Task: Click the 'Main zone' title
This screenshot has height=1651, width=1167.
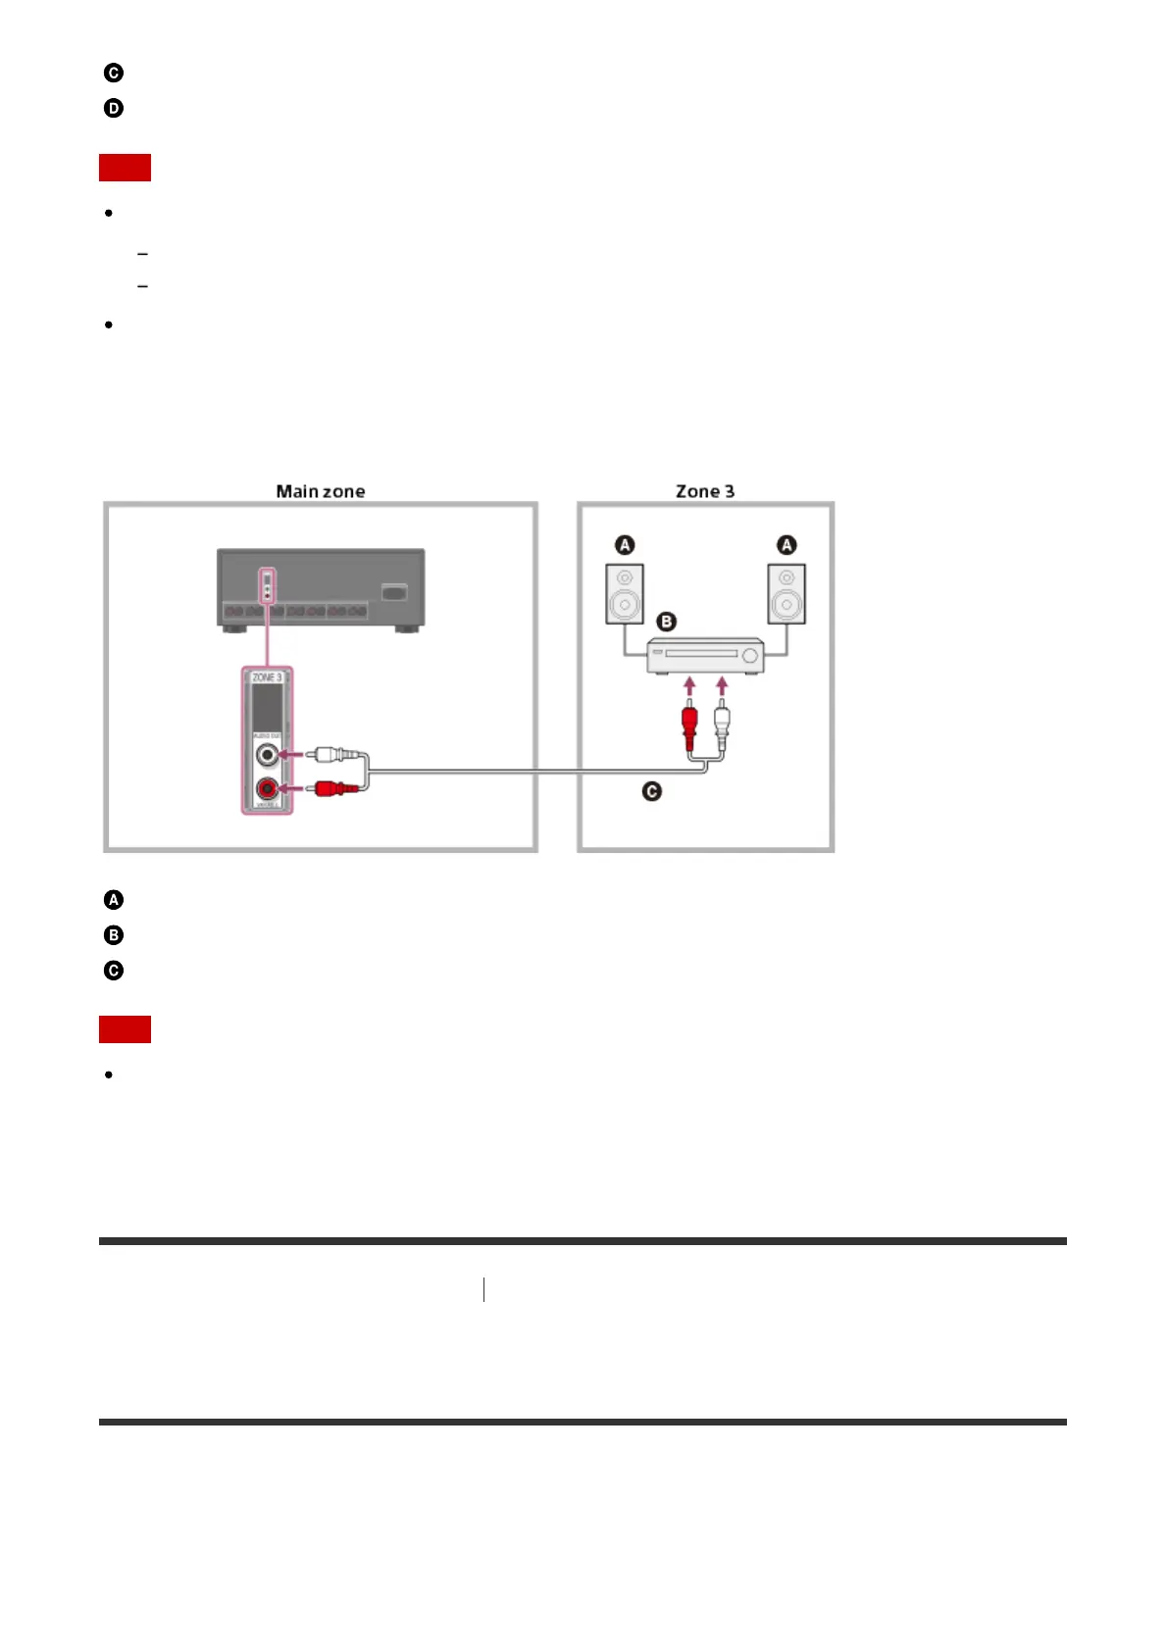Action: [321, 491]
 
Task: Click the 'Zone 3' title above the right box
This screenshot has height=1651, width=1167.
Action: [704, 491]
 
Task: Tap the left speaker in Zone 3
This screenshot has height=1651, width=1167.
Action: [624, 594]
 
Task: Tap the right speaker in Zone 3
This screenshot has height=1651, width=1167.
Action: [786, 594]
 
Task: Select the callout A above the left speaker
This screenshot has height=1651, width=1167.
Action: [625, 545]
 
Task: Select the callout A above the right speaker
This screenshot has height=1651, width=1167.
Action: [786, 545]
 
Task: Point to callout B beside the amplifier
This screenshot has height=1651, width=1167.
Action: [666, 622]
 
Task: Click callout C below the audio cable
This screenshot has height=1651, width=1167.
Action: [652, 791]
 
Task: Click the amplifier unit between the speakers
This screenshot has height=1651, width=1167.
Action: [705, 655]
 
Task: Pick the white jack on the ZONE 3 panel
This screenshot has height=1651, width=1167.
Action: [267, 755]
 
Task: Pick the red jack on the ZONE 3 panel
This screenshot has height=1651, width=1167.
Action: [267, 787]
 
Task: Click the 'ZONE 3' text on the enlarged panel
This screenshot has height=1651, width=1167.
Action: [267, 677]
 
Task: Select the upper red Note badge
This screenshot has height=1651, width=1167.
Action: [125, 168]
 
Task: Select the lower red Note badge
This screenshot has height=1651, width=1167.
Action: [125, 1029]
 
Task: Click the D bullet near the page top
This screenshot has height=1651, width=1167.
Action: [114, 108]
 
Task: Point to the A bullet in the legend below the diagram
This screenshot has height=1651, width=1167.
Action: [114, 900]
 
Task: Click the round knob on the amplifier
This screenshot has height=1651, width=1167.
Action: [751, 657]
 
